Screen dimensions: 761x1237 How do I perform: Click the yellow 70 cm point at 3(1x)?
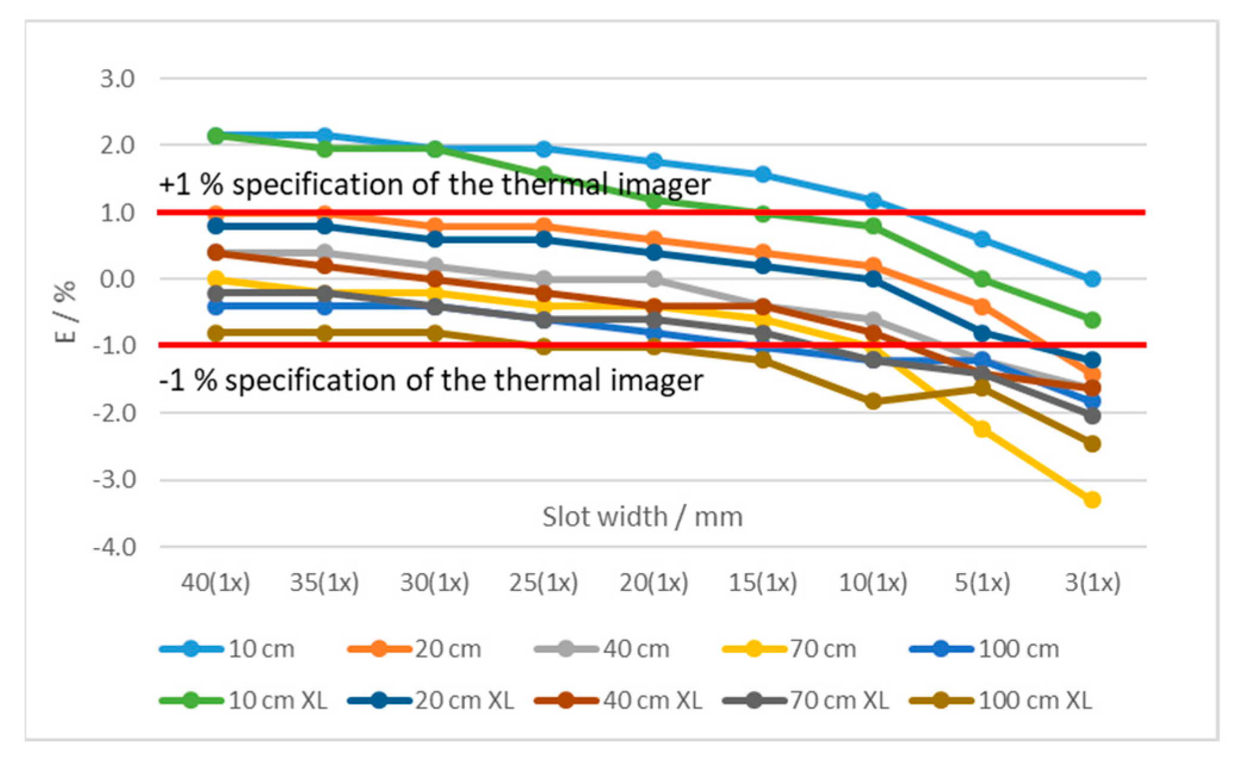click(x=1092, y=499)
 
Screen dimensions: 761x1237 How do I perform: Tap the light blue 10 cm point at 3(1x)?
click(x=1092, y=279)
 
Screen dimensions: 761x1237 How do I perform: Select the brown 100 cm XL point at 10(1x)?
click(x=873, y=401)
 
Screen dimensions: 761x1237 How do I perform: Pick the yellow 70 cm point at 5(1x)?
click(x=982, y=429)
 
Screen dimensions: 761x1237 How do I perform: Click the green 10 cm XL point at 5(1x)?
click(x=982, y=279)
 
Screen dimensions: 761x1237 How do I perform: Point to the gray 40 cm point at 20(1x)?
click(x=654, y=279)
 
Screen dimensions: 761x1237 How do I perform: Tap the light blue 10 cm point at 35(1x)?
click(x=325, y=135)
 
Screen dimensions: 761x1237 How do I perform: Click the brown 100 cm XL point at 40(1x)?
click(x=216, y=333)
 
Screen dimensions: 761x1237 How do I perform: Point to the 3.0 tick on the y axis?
click(x=117, y=79)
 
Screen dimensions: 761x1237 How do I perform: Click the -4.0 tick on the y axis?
click(x=114, y=547)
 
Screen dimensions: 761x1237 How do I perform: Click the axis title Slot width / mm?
click(x=642, y=516)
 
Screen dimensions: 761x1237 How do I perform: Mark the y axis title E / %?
click(x=65, y=311)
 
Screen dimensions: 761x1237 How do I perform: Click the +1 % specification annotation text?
click(x=435, y=184)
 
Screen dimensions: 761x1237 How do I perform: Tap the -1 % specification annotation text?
click(x=431, y=380)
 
